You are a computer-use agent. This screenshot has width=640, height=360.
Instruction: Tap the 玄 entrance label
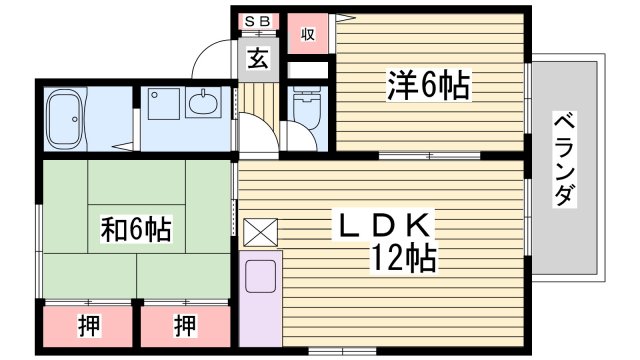click(258, 58)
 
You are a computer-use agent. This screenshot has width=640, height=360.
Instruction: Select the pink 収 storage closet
click(308, 34)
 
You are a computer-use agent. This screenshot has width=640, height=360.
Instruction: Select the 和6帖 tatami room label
click(135, 229)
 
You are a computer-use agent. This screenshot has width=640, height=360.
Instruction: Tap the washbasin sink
click(206, 103)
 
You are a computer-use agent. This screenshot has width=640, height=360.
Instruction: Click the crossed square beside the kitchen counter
click(258, 233)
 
